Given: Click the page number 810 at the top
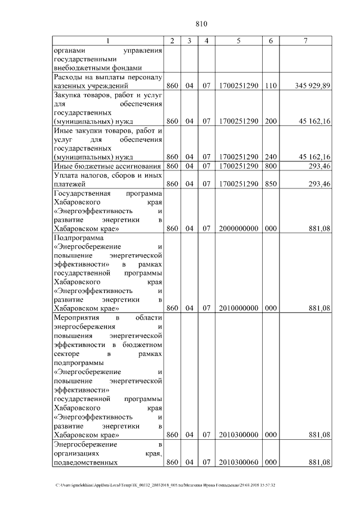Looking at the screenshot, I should coord(202,24).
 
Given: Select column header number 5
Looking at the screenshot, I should coord(239,41).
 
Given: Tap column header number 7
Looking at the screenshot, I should coord(305,41).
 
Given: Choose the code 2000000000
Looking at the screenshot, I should coord(239,229).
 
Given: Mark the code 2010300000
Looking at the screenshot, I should coord(239,435).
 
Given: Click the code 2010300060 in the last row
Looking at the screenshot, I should coord(239,462).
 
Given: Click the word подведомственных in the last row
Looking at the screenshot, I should coord(85,462).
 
